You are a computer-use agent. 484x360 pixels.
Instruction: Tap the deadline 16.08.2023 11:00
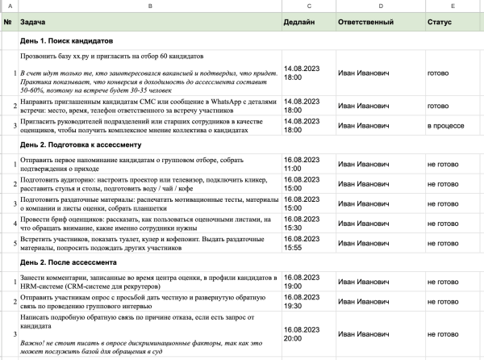point(302,164)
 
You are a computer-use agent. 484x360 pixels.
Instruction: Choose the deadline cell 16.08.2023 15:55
point(302,243)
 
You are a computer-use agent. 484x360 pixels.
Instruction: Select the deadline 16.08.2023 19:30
point(302,301)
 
